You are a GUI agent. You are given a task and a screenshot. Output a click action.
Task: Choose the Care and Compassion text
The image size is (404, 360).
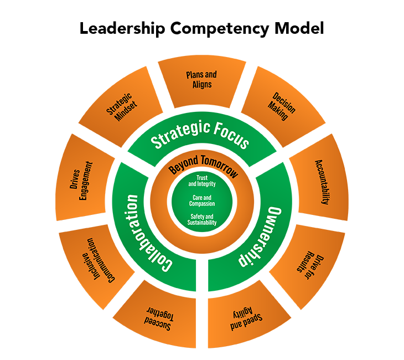202,200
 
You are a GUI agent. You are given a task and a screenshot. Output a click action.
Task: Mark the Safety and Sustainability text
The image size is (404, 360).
202,219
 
